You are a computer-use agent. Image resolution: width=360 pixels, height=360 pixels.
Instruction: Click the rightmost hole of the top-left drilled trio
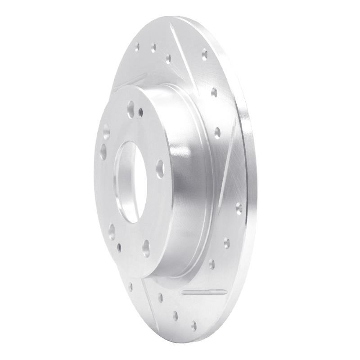coord(168,58)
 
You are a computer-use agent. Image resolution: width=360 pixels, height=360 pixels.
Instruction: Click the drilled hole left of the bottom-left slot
coord(130,287)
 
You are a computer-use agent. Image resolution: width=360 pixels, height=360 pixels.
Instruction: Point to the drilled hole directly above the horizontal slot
coord(212,264)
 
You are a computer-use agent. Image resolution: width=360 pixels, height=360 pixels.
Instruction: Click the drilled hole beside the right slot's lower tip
coord(238,208)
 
